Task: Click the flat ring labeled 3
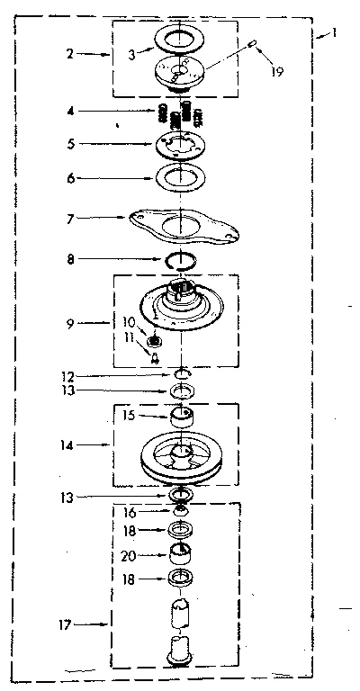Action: [183, 38]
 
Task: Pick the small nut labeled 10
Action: [155, 340]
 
